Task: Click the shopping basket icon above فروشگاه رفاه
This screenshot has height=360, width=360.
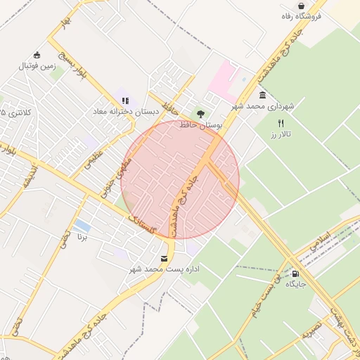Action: (x=301, y=6)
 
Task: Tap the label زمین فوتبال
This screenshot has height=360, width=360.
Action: (x=36, y=66)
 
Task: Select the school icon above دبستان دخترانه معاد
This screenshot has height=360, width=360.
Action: (x=125, y=100)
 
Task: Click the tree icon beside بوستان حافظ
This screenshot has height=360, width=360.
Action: (x=201, y=113)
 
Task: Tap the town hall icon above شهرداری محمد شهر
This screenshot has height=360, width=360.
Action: (x=263, y=95)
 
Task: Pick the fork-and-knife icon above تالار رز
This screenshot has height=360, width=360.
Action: (x=281, y=122)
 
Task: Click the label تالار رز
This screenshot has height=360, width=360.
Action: (x=283, y=133)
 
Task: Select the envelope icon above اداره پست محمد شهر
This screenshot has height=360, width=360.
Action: (x=165, y=259)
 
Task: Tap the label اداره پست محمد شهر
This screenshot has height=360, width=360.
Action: (x=165, y=269)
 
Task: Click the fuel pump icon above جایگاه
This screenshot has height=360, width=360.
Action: (x=295, y=274)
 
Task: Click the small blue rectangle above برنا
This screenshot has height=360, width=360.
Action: (x=82, y=226)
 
